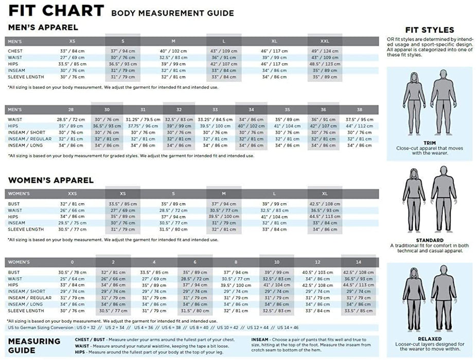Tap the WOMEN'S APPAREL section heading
(50, 181)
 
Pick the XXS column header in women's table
(73, 194)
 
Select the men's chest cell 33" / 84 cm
(72, 51)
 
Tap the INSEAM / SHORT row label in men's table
(26, 133)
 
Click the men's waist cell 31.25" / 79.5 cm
(143, 120)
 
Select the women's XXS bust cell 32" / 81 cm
(72, 204)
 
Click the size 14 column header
(359, 262)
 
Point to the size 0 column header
(72, 262)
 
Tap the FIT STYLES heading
(429, 30)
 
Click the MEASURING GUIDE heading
(34, 346)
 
